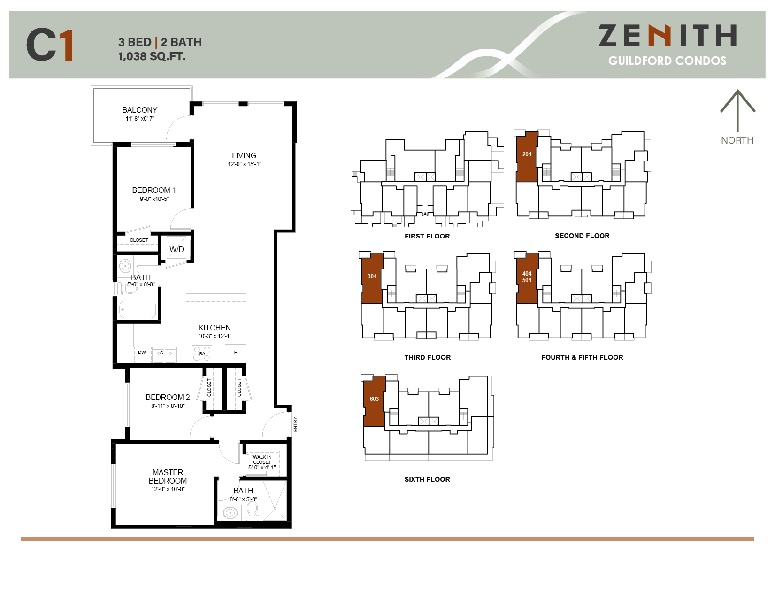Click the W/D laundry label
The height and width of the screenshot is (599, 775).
pos(176,249)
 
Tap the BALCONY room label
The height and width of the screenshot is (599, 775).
pos(140,110)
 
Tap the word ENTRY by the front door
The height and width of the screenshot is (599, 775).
pos(295,424)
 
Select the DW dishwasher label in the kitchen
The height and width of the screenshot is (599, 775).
pos(142,353)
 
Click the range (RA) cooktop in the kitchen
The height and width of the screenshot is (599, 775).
pos(202,353)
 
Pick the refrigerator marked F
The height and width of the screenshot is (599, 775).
pos(236,353)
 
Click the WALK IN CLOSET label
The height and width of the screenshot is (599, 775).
pos(262,460)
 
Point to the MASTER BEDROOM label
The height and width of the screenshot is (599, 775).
pos(168,476)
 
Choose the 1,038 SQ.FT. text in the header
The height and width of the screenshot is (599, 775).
pos(152,57)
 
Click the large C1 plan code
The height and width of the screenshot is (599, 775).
pos(50,45)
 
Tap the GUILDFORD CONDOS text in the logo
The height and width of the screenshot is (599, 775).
pos(667,61)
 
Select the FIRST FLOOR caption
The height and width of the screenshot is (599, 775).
pos(427,236)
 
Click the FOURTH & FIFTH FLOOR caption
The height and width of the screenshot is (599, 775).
pos(582,357)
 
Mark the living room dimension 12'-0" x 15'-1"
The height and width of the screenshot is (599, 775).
pos(244,164)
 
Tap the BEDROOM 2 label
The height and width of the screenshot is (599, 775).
pos(168,397)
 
